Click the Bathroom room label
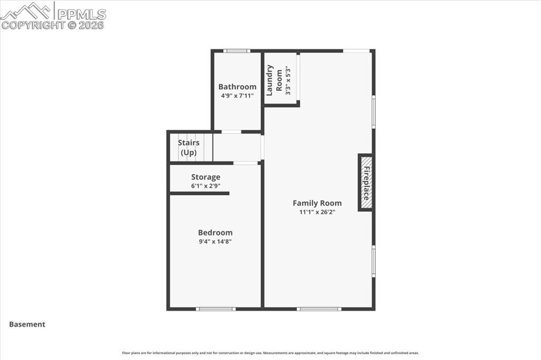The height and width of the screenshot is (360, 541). [237, 87]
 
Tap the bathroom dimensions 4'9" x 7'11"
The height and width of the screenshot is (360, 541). [237, 96]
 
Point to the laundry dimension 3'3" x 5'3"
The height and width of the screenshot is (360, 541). [288, 80]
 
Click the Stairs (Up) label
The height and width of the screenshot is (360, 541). [189, 148]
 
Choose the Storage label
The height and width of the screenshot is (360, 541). [206, 177]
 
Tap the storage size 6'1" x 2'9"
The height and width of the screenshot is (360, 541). [206, 186]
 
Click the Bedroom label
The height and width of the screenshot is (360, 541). [215, 233]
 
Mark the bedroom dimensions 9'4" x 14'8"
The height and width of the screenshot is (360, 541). [215, 242]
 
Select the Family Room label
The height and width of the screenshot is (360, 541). [317, 203]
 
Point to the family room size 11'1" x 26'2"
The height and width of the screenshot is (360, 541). [317, 212]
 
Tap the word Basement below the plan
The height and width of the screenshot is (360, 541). [27, 325]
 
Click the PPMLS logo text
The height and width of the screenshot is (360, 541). [82, 14]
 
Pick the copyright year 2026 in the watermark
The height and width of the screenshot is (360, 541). [92, 25]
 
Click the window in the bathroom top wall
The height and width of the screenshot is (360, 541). [236, 51]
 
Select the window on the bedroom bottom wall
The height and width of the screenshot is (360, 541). [216, 309]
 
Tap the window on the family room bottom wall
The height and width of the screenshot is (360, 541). [319, 309]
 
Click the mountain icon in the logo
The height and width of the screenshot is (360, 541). [26, 11]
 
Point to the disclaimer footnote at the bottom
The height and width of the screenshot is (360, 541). [270, 353]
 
